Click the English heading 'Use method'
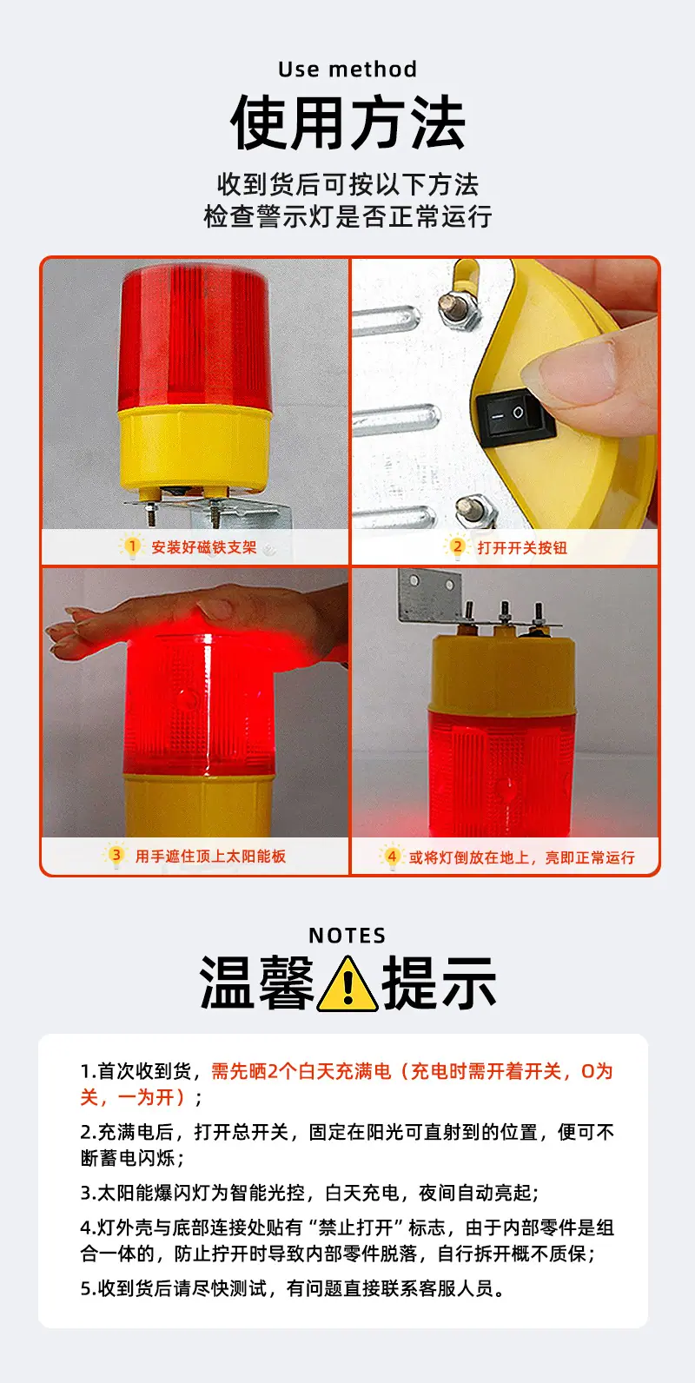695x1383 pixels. coord(347,69)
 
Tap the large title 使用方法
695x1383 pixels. coord(347,122)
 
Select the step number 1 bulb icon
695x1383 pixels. coord(131,547)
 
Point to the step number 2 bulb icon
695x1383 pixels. coord(457,547)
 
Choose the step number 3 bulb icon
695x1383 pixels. coord(116,856)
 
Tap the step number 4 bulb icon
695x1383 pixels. coord(391,857)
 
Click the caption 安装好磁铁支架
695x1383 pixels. coord(203,547)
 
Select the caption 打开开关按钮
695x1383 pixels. coord(522,547)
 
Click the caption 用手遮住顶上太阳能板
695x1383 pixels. coord(210,857)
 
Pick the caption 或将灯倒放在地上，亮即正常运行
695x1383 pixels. coord(521,857)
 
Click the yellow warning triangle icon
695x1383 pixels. coord(347,985)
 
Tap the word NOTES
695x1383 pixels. coord(347,936)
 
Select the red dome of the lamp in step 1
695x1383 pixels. coord(195,336)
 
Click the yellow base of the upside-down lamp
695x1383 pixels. coord(503,673)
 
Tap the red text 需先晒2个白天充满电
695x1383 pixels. coord(301,1071)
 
